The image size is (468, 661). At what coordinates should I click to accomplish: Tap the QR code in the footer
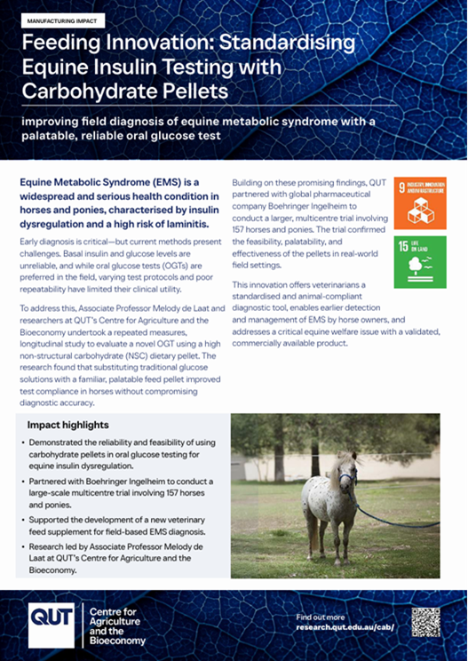click(x=426, y=622)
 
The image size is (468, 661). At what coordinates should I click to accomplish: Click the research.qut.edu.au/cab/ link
click(x=346, y=627)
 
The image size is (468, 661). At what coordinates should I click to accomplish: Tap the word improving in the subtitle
click(x=51, y=121)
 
